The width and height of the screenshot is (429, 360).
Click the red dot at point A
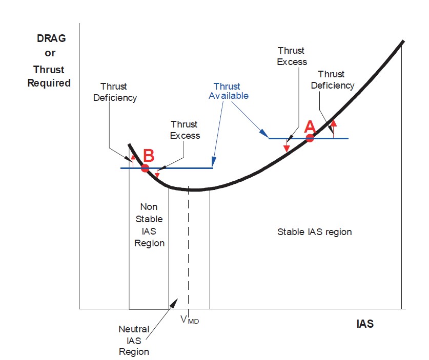click(x=310, y=138)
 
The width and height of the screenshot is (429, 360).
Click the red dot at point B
click(x=145, y=168)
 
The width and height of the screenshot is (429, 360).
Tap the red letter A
click(x=310, y=127)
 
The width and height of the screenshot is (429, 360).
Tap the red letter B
click(x=149, y=156)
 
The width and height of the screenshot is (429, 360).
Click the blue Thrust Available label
click(x=229, y=91)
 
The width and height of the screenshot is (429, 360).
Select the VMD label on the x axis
click(x=190, y=320)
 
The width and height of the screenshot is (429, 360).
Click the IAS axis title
click(x=365, y=324)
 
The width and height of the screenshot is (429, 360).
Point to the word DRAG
click(x=51, y=38)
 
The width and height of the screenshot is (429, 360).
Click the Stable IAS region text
click(x=314, y=232)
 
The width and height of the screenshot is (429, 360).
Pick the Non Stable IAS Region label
click(x=149, y=225)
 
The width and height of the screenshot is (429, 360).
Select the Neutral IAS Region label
click(x=134, y=341)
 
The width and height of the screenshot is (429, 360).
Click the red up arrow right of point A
click(x=333, y=129)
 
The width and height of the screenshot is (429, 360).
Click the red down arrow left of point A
click(x=287, y=145)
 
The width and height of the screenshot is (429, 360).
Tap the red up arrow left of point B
click(x=133, y=161)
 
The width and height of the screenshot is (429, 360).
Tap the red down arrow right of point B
click(x=157, y=173)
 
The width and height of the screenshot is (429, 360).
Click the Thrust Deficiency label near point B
click(x=115, y=92)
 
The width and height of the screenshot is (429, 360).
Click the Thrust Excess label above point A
click(x=292, y=56)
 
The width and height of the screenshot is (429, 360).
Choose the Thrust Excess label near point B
click(x=185, y=130)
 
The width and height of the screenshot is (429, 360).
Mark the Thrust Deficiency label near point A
click(x=333, y=80)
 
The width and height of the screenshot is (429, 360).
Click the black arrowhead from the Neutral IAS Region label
click(x=174, y=303)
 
